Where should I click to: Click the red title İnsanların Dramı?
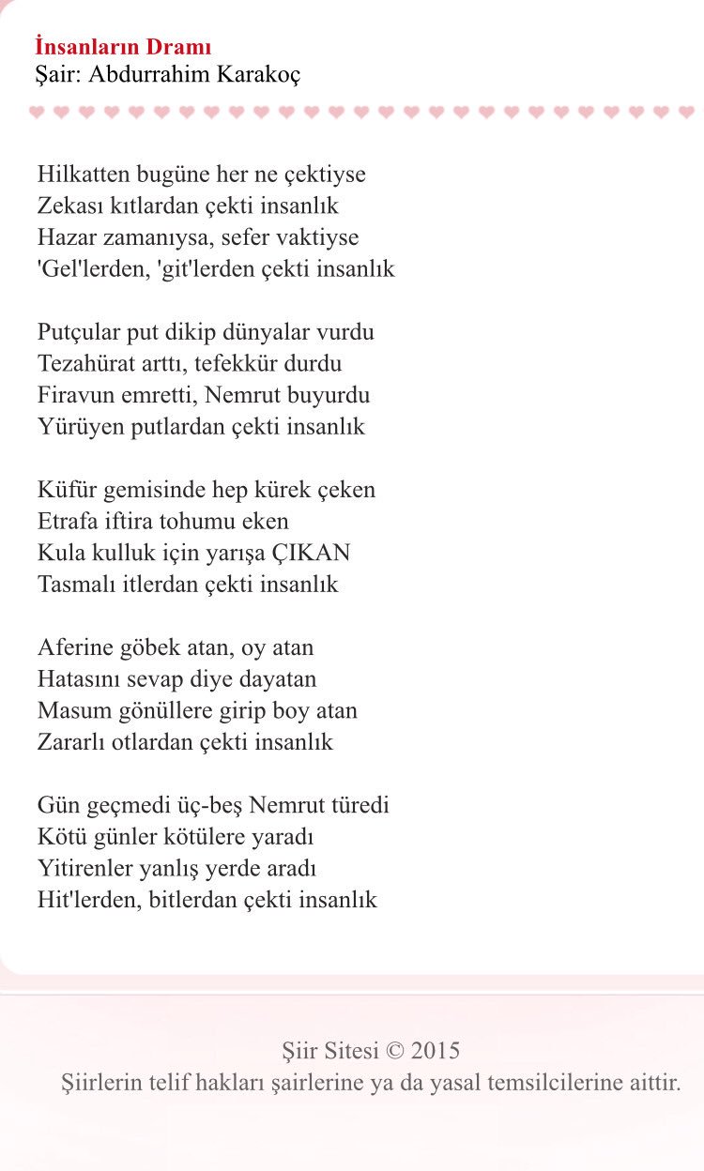[123, 47]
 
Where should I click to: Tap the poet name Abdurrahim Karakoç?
[195, 74]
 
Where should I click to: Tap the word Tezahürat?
[86, 363]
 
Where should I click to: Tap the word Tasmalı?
[76, 585]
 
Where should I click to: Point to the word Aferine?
[75, 647]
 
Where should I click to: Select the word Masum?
[70, 710]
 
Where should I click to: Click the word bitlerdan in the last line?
[191, 900]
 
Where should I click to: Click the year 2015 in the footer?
[436, 1050]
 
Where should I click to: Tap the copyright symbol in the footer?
[392, 1050]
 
